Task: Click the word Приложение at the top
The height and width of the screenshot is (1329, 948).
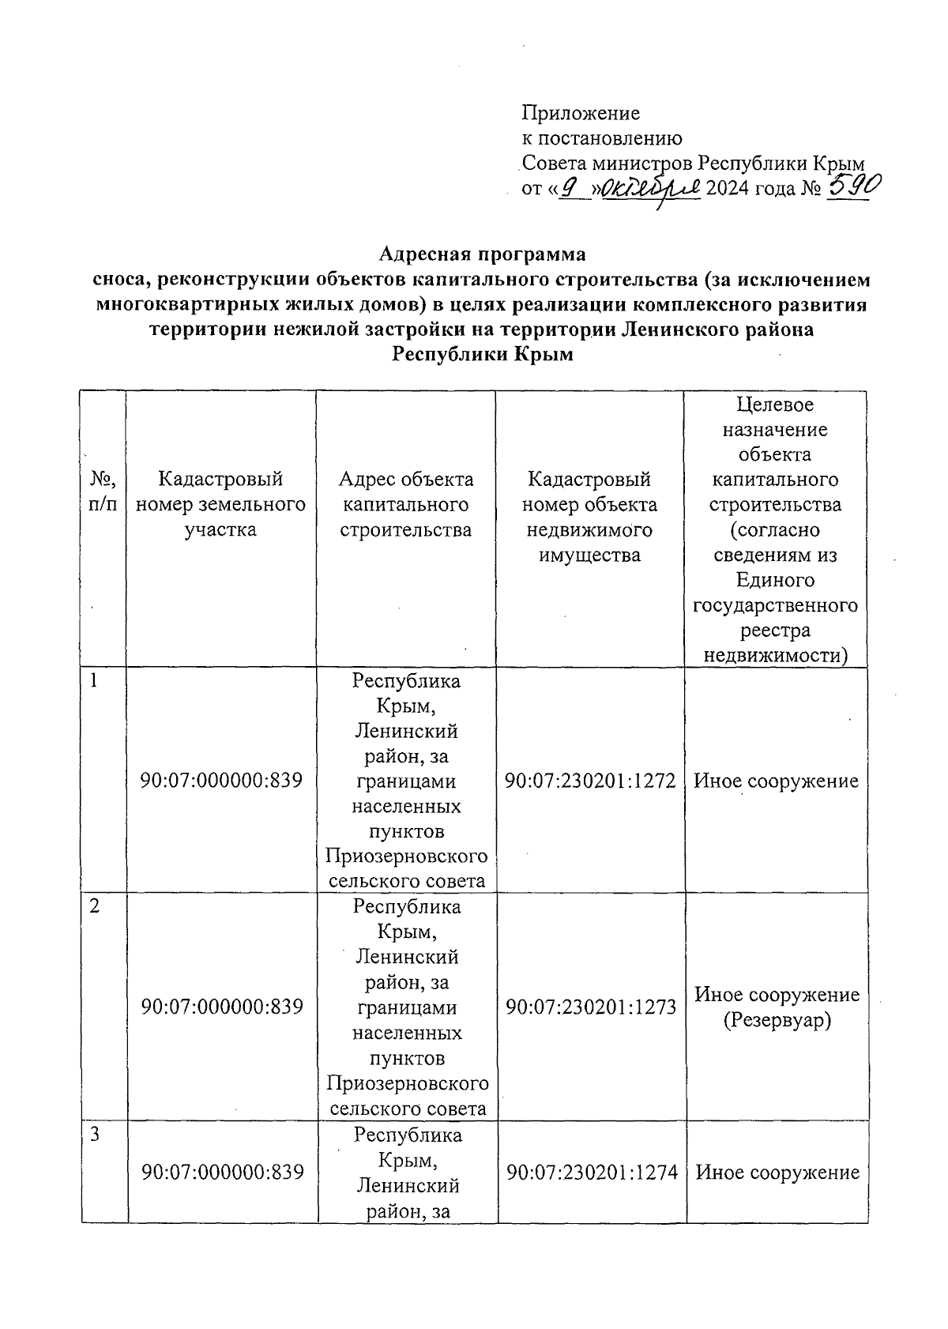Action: point(581,113)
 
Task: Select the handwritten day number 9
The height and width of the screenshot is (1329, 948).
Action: point(575,188)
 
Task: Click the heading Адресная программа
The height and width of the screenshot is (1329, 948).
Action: point(483,254)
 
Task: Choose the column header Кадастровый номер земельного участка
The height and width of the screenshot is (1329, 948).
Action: point(220,504)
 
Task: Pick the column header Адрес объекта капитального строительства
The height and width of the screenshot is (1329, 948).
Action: point(406,504)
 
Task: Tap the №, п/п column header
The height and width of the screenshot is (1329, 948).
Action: point(103,491)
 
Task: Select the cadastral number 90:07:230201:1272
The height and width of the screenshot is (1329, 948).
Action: point(590,781)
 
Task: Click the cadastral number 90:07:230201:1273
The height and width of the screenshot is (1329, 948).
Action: point(591,1007)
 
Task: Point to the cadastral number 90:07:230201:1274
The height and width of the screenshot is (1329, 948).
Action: point(592,1173)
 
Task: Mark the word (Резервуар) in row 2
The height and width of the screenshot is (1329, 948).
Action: point(777,1020)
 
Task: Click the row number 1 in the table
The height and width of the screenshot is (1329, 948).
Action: point(94,681)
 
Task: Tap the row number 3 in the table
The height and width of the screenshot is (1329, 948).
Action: point(94,1135)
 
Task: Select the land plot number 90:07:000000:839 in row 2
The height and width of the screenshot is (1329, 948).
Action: point(222,1007)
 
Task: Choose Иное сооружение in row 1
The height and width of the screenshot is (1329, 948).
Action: point(776,781)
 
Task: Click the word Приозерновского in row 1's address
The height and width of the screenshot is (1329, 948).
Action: point(406,857)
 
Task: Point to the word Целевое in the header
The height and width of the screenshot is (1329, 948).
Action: point(775,405)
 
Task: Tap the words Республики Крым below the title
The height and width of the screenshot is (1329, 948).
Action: point(483,355)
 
